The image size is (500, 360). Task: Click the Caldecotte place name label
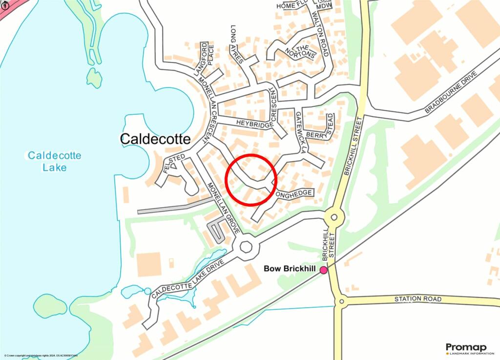tap(155, 139)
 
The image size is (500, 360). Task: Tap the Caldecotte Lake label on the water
tap(54, 161)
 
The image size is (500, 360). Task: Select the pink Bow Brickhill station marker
tap(323, 270)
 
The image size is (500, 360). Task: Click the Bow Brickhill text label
tap(290, 269)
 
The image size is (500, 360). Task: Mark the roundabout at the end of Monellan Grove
tap(245, 246)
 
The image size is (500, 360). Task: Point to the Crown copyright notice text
tap(41, 356)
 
